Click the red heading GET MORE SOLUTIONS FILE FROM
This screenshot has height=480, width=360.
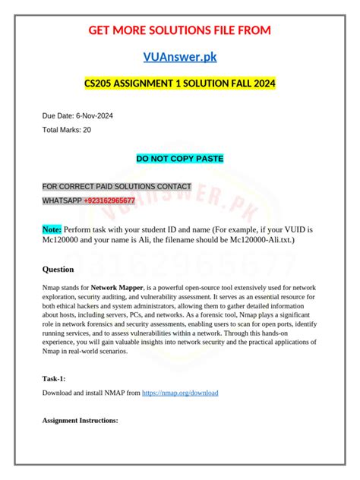(179, 30)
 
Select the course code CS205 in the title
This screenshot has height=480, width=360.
(100, 83)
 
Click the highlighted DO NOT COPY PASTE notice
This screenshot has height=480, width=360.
(179, 159)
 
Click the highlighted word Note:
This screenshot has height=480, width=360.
(52, 229)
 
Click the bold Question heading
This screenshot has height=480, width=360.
(58, 269)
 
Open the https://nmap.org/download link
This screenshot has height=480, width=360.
(180, 393)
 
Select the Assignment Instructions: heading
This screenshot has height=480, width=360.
(80, 420)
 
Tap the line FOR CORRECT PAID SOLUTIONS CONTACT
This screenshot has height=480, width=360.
(116, 186)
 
